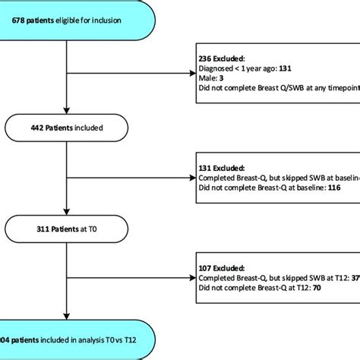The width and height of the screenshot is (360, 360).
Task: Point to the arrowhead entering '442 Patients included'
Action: [68, 111]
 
